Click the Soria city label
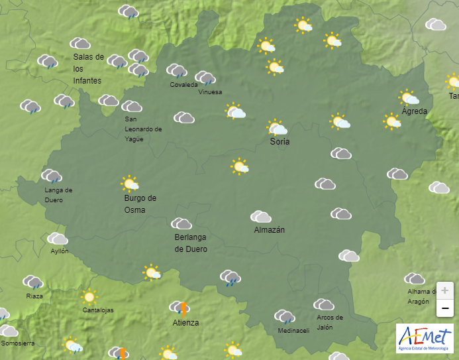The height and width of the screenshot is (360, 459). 280,142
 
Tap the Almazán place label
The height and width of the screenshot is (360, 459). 269,230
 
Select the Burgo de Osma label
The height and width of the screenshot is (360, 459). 140,204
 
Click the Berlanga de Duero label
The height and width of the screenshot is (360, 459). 191,243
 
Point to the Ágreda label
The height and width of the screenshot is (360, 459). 414,111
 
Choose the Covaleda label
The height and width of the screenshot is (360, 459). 183,85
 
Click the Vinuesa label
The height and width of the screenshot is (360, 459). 210,92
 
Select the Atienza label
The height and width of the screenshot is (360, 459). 185,323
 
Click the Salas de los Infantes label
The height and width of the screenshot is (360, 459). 88,69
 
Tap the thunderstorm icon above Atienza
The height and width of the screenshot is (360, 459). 181,308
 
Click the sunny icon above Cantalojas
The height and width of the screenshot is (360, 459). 88,297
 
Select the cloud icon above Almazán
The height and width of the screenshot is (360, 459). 261,217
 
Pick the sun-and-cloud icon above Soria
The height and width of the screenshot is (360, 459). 277,127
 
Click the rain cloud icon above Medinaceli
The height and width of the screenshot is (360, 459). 285,317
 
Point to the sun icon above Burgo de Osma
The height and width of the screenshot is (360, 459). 130,183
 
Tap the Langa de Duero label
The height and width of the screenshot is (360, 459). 58,194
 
